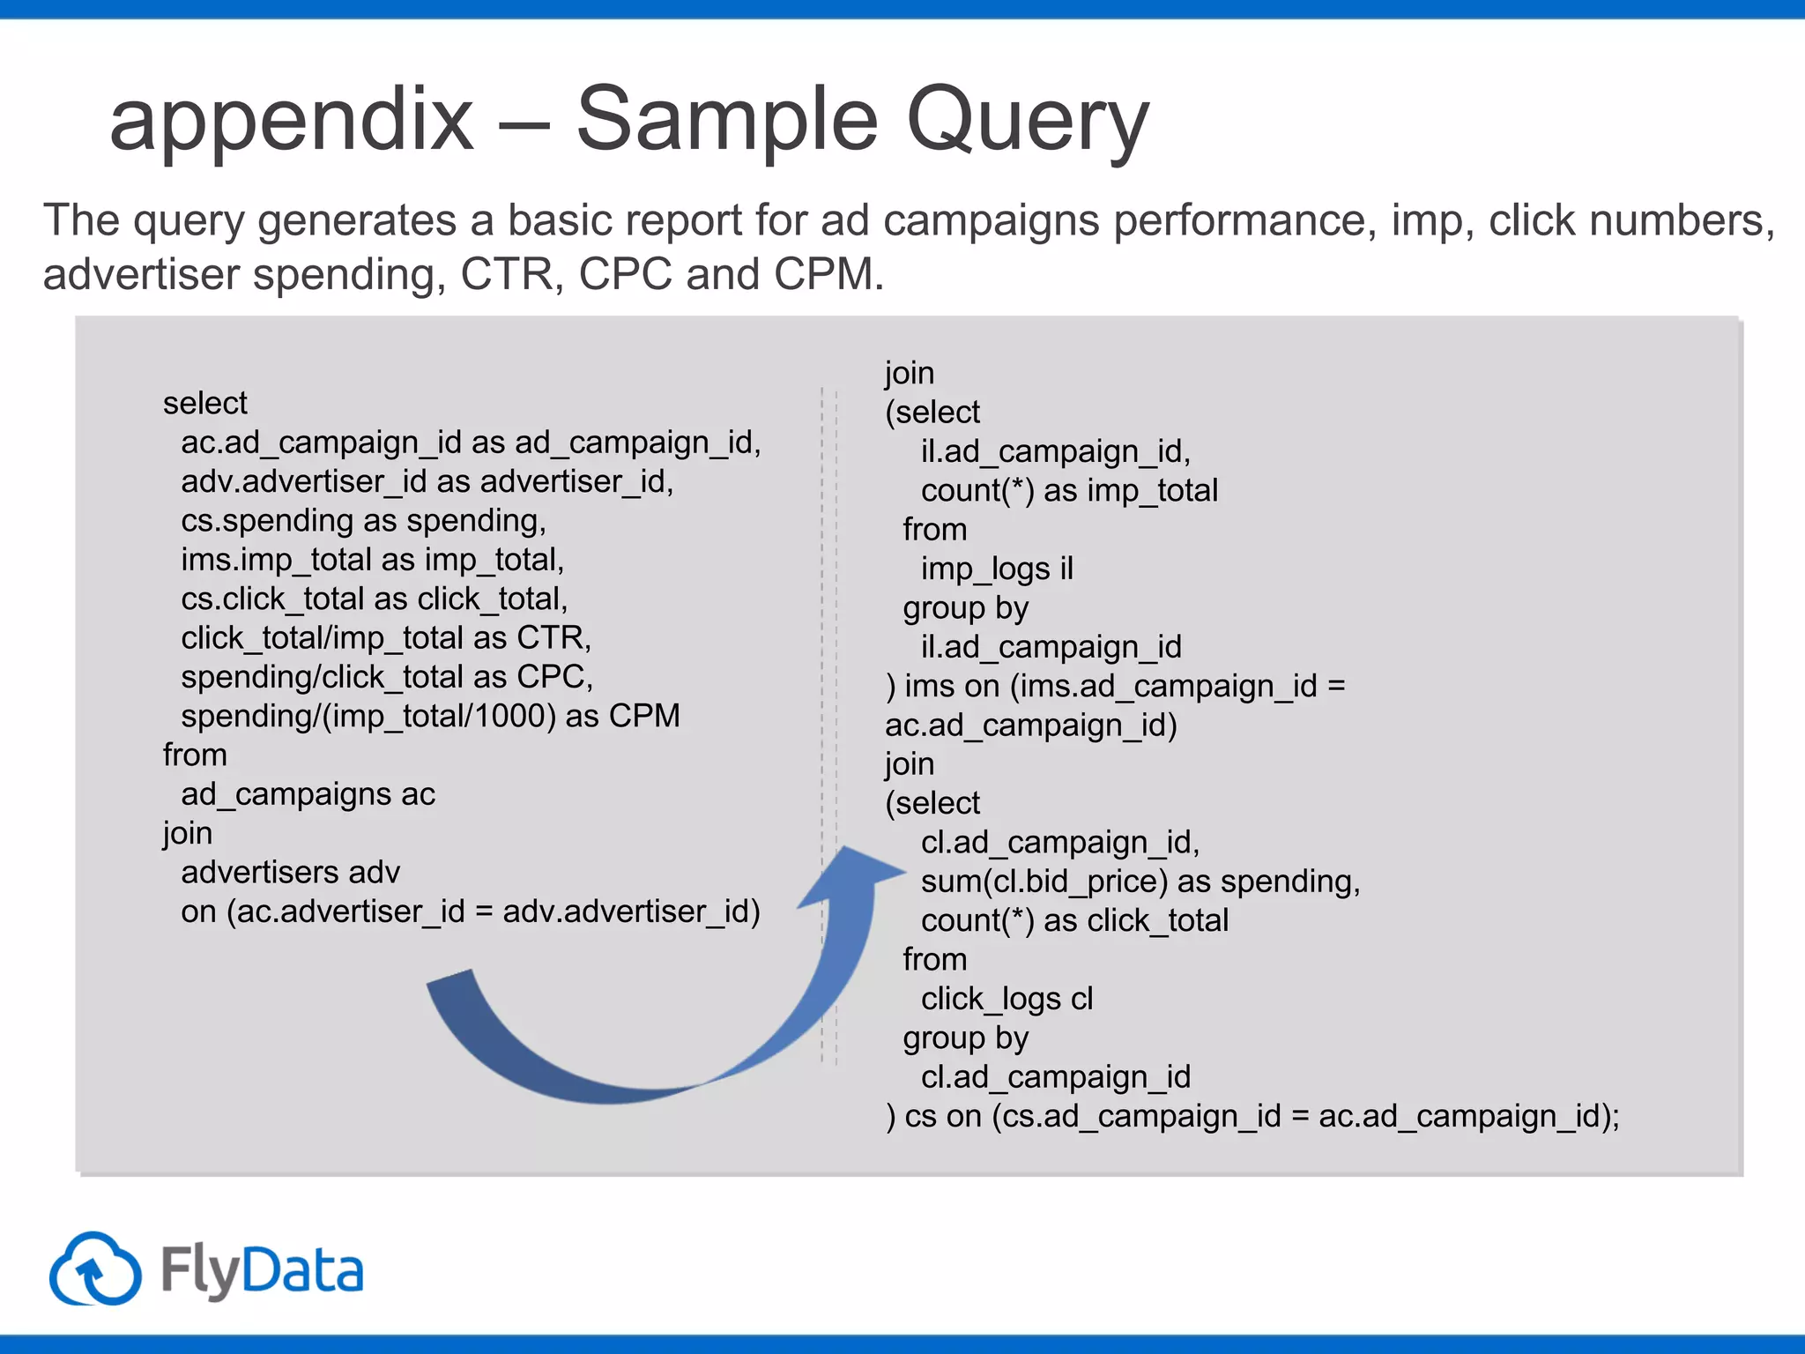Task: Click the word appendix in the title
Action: (x=291, y=121)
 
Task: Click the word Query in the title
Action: (x=1027, y=121)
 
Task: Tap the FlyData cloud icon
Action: (x=95, y=1269)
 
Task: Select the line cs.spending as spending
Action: (x=363, y=521)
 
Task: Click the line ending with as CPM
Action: (x=430, y=716)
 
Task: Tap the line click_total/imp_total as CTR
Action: (x=386, y=638)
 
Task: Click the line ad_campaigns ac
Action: (x=308, y=794)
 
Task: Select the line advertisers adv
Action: (x=290, y=873)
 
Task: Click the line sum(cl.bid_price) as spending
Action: (x=1140, y=882)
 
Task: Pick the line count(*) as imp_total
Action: (x=1068, y=491)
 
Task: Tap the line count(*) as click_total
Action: (x=1073, y=921)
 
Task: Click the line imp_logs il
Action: (x=997, y=569)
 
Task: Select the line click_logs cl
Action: (x=1006, y=1000)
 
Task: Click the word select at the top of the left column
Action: (x=204, y=404)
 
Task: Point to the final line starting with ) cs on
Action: (x=1252, y=1117)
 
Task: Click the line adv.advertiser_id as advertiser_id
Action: (x=427, y=482)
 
